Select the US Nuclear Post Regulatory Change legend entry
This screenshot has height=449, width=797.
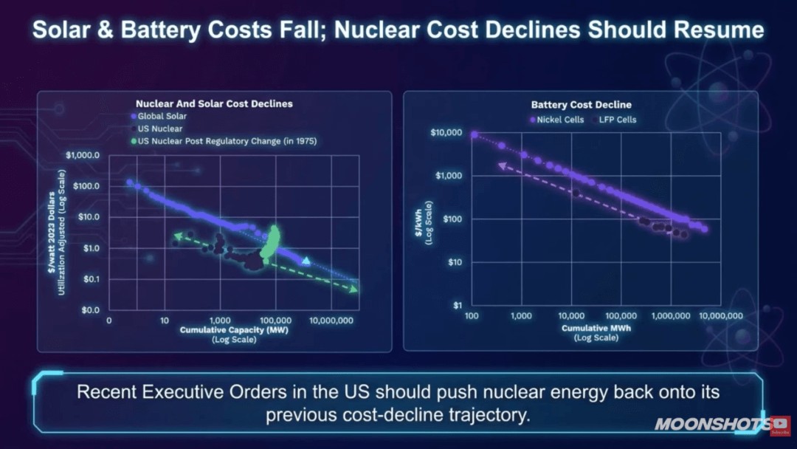(x=227, y=140)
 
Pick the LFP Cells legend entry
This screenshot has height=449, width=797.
(x=616, y=119)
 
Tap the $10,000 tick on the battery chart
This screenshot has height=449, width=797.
(x=445, y=133)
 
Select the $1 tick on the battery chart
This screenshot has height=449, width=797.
(x=458, y=305)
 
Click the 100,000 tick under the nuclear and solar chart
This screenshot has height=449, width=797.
(x=274, y=322)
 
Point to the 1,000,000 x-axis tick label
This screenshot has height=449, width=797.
(x=671, y=315)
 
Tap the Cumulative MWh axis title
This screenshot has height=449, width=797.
(x=596, y=327)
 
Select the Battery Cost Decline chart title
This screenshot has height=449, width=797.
(x=581, y=105)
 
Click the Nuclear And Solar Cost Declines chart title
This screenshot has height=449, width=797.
(x=214, y=104)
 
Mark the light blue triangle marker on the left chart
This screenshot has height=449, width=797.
(x=306, y=261)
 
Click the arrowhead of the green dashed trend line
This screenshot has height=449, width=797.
(x=353, y=289)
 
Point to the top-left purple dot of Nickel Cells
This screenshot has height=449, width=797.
(x=474, y=135)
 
